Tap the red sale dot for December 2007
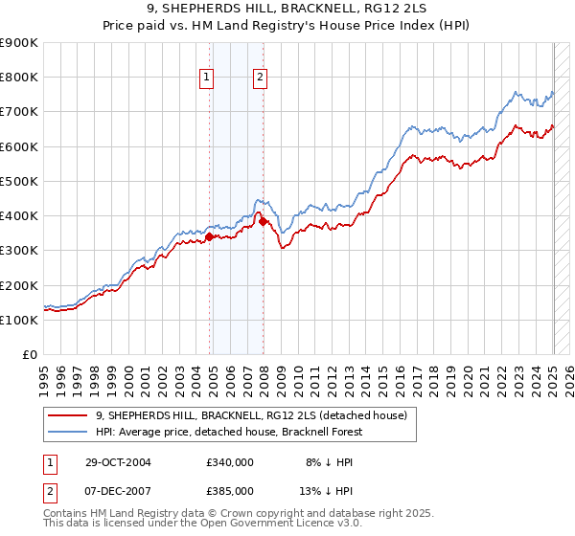pos(264,221)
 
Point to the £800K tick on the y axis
pos(19,78)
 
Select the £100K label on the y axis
pos(19,320)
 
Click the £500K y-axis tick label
pos(19,181)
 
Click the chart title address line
pos(287,11)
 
